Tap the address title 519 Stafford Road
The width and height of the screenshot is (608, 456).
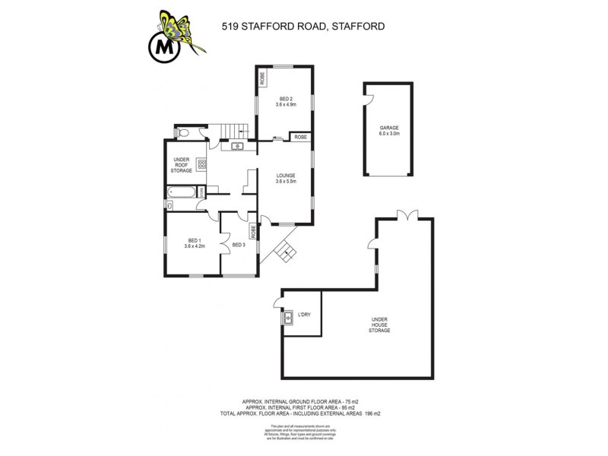click(302, 26)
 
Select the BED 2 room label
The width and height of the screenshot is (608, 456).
click(286, 102)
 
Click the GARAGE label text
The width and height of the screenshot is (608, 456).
click(389, 131)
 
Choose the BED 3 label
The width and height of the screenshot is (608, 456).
click(239, 245)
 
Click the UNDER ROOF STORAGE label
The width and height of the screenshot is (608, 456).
click(181, 165)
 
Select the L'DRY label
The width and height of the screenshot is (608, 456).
click(304, 315)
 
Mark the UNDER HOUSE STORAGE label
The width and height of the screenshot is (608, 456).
click(379, 325)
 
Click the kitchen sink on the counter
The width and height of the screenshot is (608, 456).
click(237, 146)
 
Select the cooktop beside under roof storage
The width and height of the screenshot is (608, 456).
click(201, 164)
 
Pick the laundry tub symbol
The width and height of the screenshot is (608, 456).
click(288, 318)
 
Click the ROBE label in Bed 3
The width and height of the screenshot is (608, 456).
click(252, 231)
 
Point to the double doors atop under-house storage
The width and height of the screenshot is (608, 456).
click(407, 215)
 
